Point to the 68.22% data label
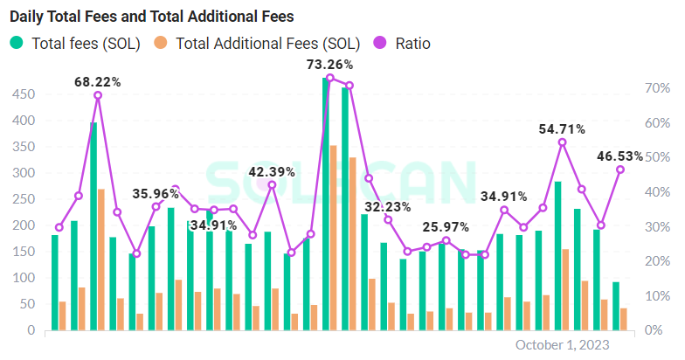tap(97, 82)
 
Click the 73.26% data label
tap(329, 64)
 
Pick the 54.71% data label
tap(562, 128)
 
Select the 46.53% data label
tap(619, 156)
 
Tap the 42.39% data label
tap(272, 171)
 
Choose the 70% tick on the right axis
tap(658, 88)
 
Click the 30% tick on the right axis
tap(658, 226)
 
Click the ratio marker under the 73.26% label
tap(329, 78)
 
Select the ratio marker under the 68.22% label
tap(97, 95)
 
